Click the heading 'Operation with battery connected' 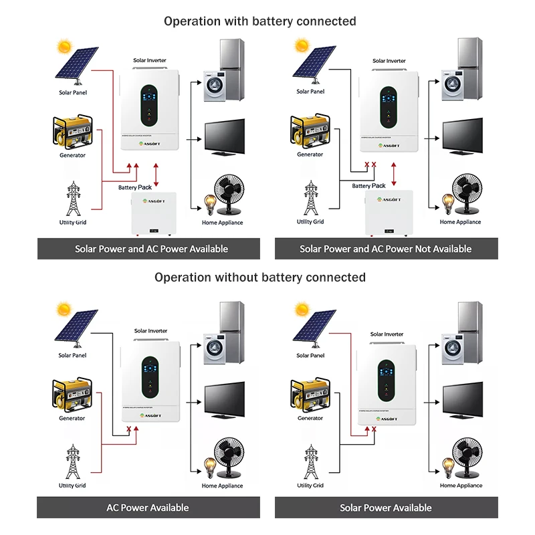(x=260, y=21)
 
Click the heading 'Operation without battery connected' (x=260, y=277)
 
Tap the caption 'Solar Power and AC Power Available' (x=151, y=249)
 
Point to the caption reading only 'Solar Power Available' (x=385, y=508)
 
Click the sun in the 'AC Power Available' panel (x=64, y=310)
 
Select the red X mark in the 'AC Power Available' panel (x=127, y=429)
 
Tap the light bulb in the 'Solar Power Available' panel (x=445, y=464)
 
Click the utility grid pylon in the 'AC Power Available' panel (x=72, y=461)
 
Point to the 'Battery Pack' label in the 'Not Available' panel (x=368, y=186)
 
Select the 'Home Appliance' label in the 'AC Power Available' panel (x=222, y=486)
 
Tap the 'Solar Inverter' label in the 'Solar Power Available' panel (x=387, y=334)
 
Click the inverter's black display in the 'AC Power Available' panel (x=151, y=379)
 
